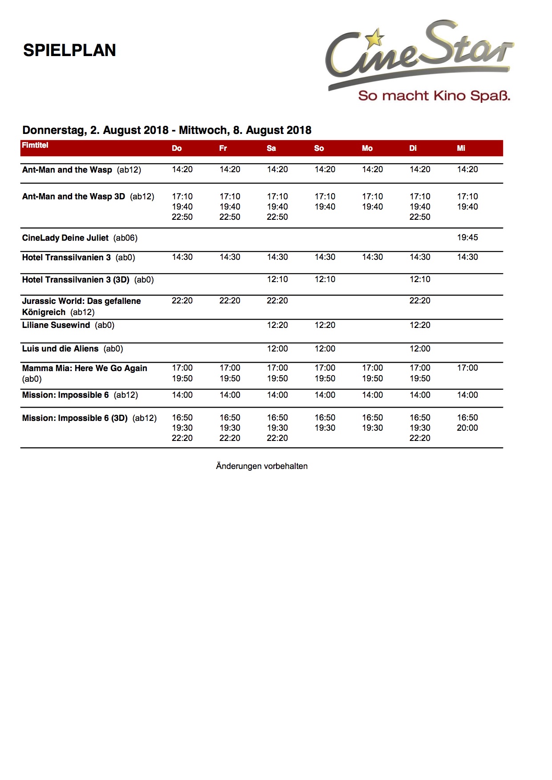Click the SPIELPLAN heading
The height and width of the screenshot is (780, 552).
point(69,50)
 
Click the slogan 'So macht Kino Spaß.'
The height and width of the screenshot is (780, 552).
point(434,96)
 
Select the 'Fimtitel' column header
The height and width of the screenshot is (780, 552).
point(35,145)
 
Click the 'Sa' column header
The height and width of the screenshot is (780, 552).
point(271,148)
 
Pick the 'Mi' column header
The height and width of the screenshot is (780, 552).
point(461,148)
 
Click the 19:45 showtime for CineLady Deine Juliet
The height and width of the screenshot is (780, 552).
point(467,238)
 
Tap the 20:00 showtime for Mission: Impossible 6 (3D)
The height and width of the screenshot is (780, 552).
point(467,428)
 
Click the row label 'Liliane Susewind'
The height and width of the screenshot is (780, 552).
point(56,325)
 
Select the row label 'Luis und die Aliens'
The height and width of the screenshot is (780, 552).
point(60,349)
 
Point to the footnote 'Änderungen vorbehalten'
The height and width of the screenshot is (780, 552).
point(262,466)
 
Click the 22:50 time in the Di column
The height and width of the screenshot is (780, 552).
point(420,217)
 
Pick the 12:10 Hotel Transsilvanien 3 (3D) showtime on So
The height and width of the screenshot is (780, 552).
point(325,279)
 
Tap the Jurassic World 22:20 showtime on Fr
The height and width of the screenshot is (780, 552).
point(230,301)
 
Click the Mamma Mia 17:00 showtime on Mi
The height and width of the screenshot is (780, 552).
point(467,368)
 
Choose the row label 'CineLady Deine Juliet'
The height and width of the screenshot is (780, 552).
point(65,238)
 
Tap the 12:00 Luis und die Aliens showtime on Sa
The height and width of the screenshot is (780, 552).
point(277,349)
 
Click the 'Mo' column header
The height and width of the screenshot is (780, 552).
point(367,148)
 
